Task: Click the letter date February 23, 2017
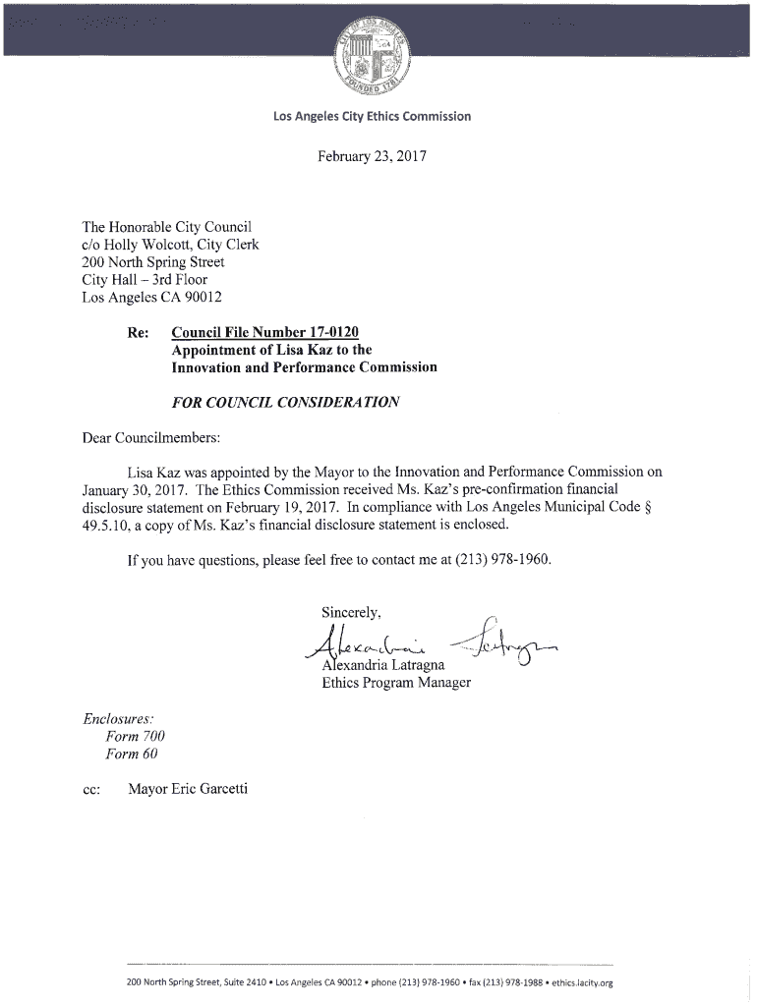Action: tap(373, 155)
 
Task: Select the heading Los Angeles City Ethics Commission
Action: tap(373, 117)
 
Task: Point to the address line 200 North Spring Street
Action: tap(153, 262)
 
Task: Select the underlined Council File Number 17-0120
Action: tap(272, 332)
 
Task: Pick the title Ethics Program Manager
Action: tap(396, 682)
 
